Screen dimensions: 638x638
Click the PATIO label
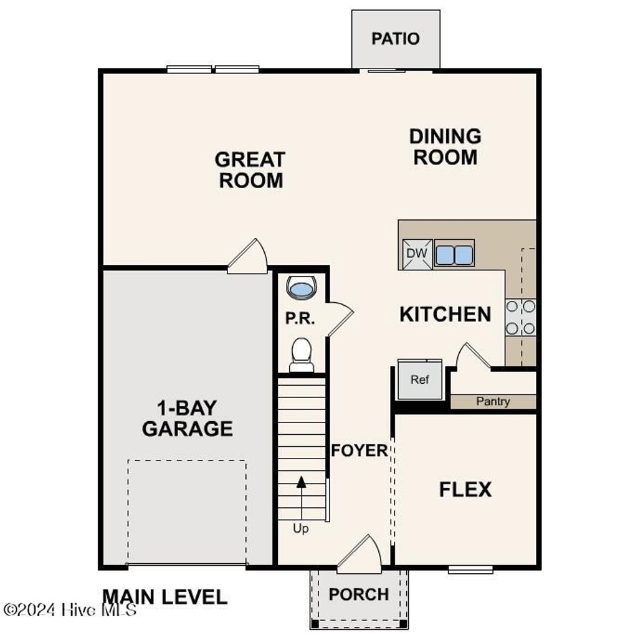pos(395,39)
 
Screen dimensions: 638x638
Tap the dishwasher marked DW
pos(416,254)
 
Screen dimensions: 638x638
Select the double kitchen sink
pos(454,254)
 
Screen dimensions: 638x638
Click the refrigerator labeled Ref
pos(419,379)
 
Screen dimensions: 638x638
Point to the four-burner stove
pos(520,317)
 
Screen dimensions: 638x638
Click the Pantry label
pos(493,402)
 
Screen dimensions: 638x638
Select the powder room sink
pos(302,288)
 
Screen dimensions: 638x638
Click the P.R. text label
pos(300,318)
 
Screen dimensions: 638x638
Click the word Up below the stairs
pos(300,528)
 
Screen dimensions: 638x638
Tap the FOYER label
pos(359,450)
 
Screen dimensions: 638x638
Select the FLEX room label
pos(465,490)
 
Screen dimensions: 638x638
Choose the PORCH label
pos(358,594)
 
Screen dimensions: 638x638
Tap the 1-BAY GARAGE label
pos(187,419)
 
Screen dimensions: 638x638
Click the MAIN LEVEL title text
pos(164,597)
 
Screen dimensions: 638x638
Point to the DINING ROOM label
pos(445,146)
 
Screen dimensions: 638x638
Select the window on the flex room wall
pos(470,569)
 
